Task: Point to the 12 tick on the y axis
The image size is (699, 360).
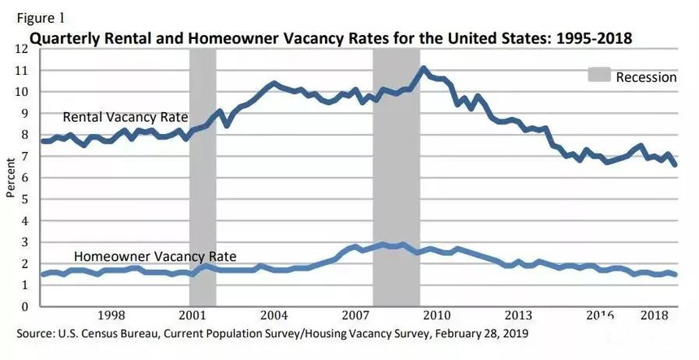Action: (x=22, y=49)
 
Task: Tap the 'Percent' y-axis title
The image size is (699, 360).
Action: (x=11, y=179)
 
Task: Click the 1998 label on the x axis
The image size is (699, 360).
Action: (x=111, y=316)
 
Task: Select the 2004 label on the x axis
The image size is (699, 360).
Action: (x=274, y=316)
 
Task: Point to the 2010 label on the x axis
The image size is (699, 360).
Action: (x=436, y=316)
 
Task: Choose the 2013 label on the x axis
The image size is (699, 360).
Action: (x=517, y=316)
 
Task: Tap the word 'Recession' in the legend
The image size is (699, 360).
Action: (x=646, y=77)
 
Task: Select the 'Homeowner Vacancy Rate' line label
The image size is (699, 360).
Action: (x=155, y=256)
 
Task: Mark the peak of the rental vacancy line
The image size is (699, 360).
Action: (x=423, y=68)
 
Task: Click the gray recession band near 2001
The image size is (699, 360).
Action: (x=202, y=179)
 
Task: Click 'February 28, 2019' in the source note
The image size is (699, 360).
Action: (x=480, y=333)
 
